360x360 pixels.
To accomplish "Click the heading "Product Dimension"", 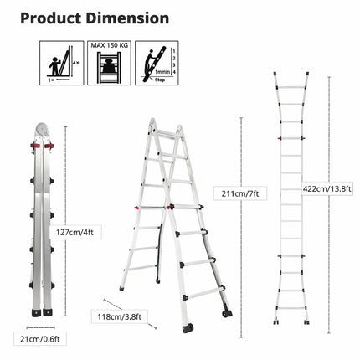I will [x=94, y=18].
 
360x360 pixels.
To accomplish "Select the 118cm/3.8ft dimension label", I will [x=118, y=316].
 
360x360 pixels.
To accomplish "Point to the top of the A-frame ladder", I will [x=165, y=126].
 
